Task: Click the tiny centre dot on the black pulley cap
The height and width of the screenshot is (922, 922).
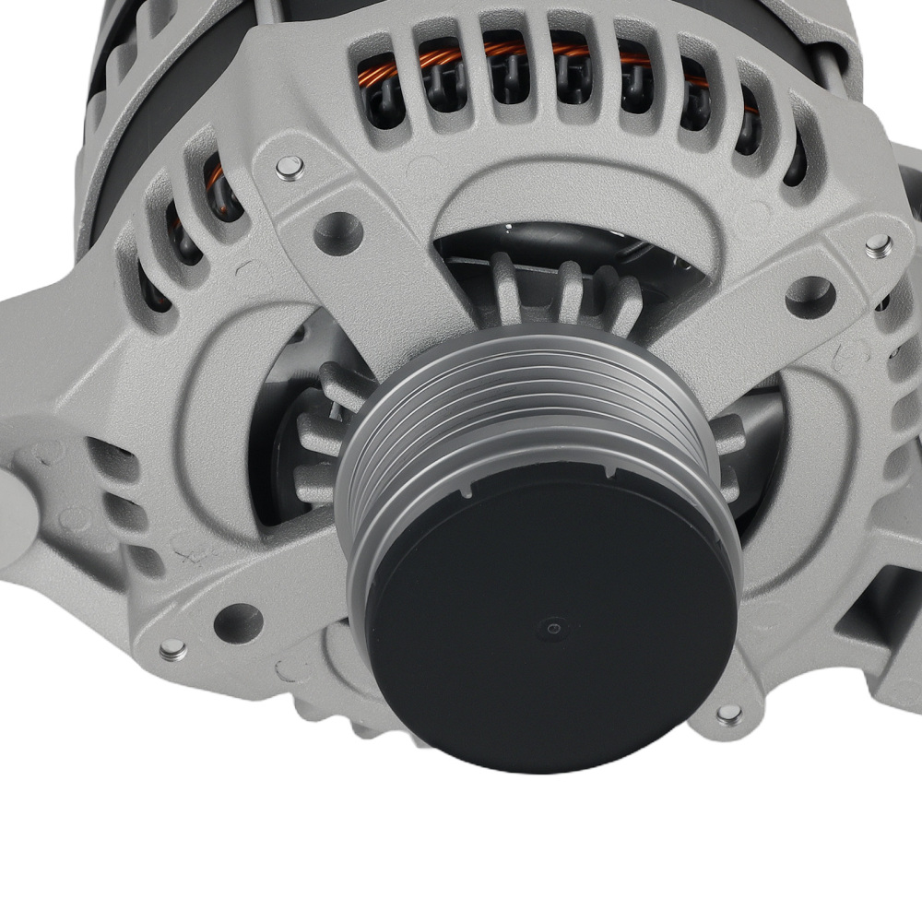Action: point(552,629)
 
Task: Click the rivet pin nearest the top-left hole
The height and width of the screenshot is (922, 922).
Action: point(290,167)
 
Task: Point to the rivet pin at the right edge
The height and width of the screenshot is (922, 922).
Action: point(878,244)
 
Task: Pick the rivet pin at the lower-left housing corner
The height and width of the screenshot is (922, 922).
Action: point(172,650)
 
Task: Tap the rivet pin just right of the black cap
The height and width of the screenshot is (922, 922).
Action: point(728,714)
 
